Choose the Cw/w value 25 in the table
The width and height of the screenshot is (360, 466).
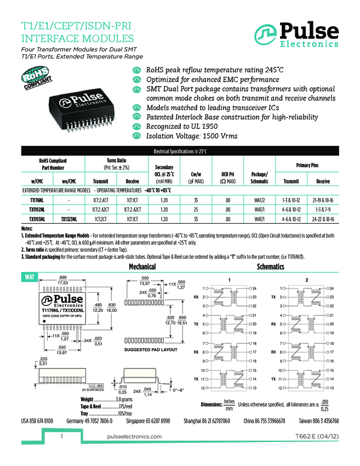click(196, 209)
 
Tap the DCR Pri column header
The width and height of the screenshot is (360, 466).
click(228, 177)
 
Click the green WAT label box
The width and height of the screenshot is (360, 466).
click(28, 277)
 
